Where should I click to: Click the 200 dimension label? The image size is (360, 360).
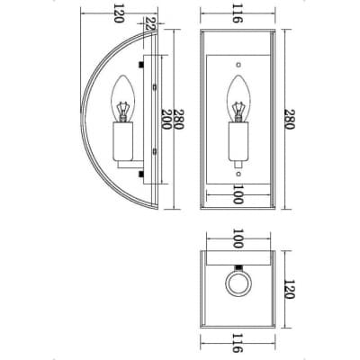[x=166, y=119]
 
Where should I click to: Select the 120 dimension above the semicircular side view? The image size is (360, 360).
[x=119, y=13]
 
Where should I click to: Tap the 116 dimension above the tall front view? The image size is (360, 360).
[x=237, y=13]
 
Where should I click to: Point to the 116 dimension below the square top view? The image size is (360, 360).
[x=237, y=342]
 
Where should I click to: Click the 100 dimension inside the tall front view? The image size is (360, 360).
[x=238, y=194]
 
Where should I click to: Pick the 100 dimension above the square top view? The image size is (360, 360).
[x=238, y=238]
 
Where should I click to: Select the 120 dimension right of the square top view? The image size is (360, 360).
[x=289, y=289]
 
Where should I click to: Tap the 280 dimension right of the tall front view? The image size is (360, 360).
[x=289, y=119]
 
